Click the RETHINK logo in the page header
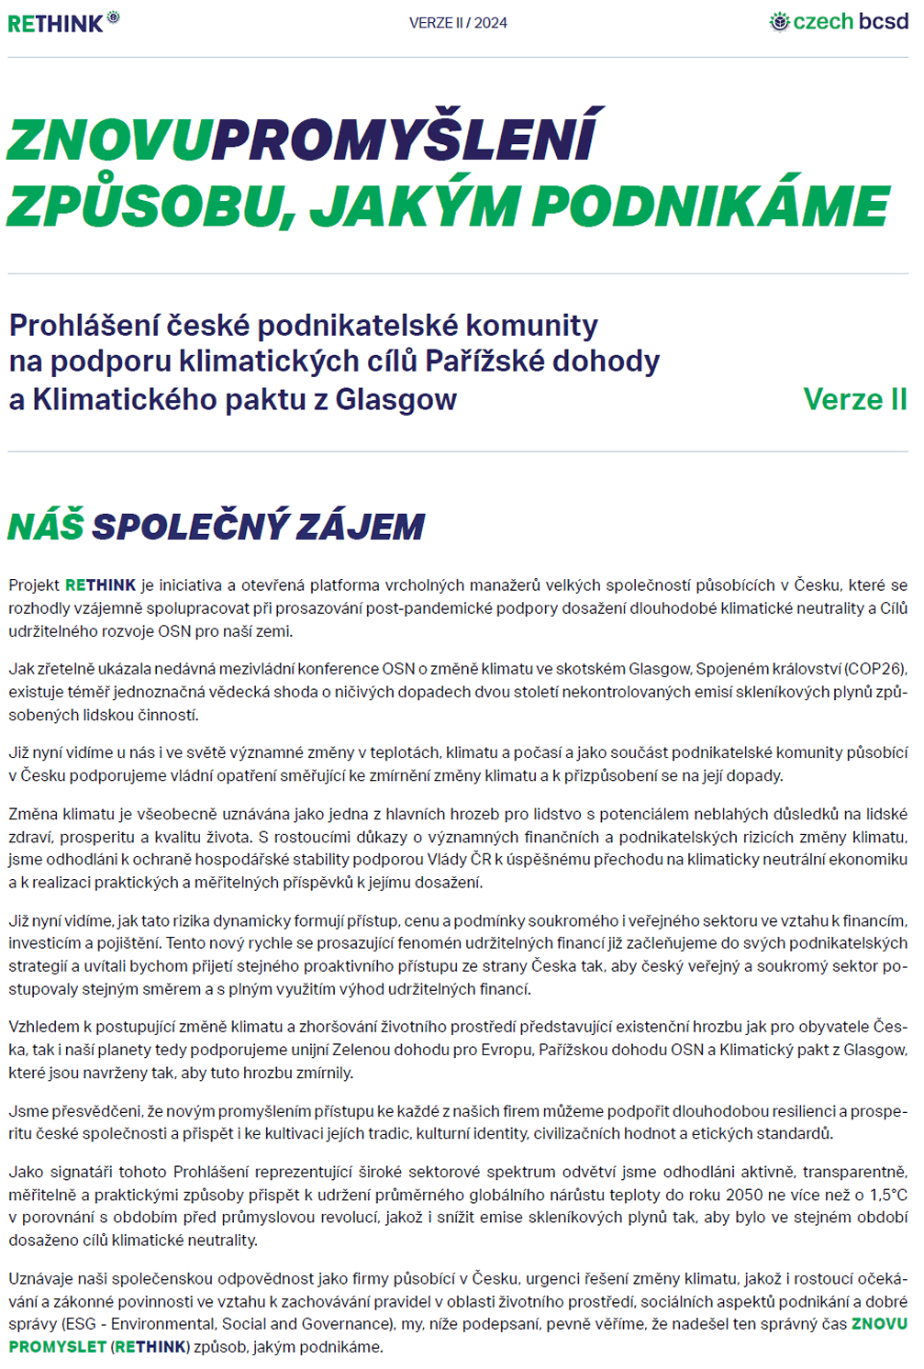click(62, 22)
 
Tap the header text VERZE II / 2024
click(458, 23)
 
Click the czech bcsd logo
click(839, 22)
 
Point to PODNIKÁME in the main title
click(712, 206)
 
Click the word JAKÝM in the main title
click(416, 206)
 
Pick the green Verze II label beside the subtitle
click(854, 399)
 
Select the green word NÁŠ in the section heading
click(46, 527)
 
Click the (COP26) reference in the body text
click(875, 669)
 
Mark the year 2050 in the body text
click(744, 1195)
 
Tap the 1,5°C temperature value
click(886, 1195)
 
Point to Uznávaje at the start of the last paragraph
click(40, 1278)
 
